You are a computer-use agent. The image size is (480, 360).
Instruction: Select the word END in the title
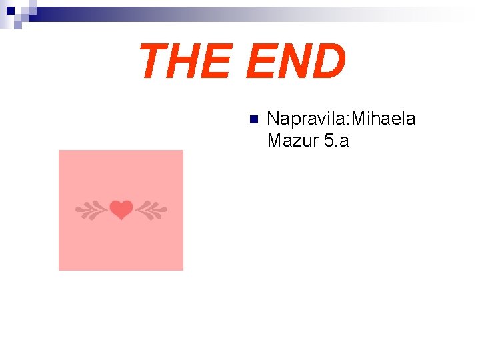[295, 61]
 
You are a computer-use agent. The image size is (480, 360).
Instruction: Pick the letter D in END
[329, 61]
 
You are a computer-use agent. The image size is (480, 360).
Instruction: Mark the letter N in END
[293, 61]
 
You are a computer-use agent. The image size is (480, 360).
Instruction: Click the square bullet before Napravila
[252, 120]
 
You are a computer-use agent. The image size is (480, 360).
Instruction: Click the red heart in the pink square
[121, 211]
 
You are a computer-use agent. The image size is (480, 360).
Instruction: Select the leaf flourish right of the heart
[150, 211]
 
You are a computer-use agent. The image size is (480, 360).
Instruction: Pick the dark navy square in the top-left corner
[9, 11]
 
